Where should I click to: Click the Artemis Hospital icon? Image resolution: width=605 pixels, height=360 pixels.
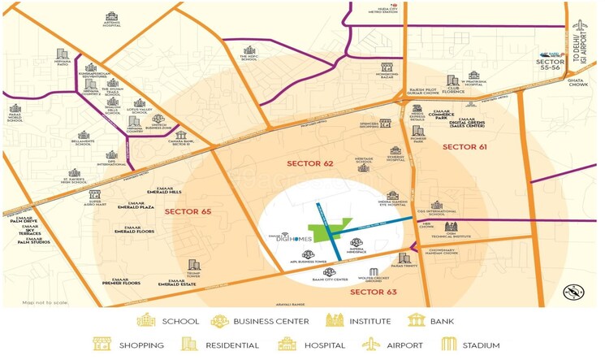111,15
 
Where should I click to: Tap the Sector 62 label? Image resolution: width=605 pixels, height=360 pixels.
310,163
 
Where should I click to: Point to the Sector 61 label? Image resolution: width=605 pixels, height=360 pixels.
465,146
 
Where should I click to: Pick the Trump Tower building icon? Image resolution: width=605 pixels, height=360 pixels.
193,265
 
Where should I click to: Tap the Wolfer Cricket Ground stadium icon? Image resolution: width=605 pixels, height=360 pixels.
374,272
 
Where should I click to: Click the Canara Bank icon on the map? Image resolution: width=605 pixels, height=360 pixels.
180,135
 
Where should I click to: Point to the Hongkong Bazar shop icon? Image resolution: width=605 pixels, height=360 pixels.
387,67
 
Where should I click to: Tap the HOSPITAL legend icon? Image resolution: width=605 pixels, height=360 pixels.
287,344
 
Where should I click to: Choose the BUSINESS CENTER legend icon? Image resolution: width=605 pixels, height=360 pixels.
219,321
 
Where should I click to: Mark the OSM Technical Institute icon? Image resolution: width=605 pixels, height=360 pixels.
451,227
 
